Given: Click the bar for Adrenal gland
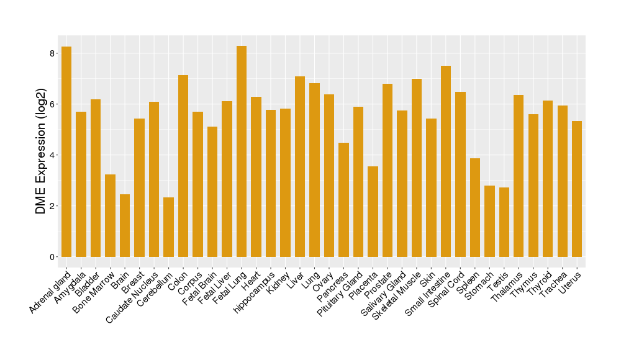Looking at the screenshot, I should click(66, 151).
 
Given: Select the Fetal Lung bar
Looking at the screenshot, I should click(242, 151).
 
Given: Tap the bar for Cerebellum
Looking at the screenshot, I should click(168, 227).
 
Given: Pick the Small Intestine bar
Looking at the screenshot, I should click(446, 161).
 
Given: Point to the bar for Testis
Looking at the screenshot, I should click(504, 222).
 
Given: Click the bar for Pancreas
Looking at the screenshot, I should click(343, 200).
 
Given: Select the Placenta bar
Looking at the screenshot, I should click(373, 212).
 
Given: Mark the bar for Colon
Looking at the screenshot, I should click(183, 166).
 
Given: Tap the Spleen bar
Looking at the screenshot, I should click(475, 207).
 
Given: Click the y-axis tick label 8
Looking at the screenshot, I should click(53, 53).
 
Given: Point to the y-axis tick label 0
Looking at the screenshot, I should click(53, 257).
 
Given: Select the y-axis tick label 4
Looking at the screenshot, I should click(53, 155).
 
